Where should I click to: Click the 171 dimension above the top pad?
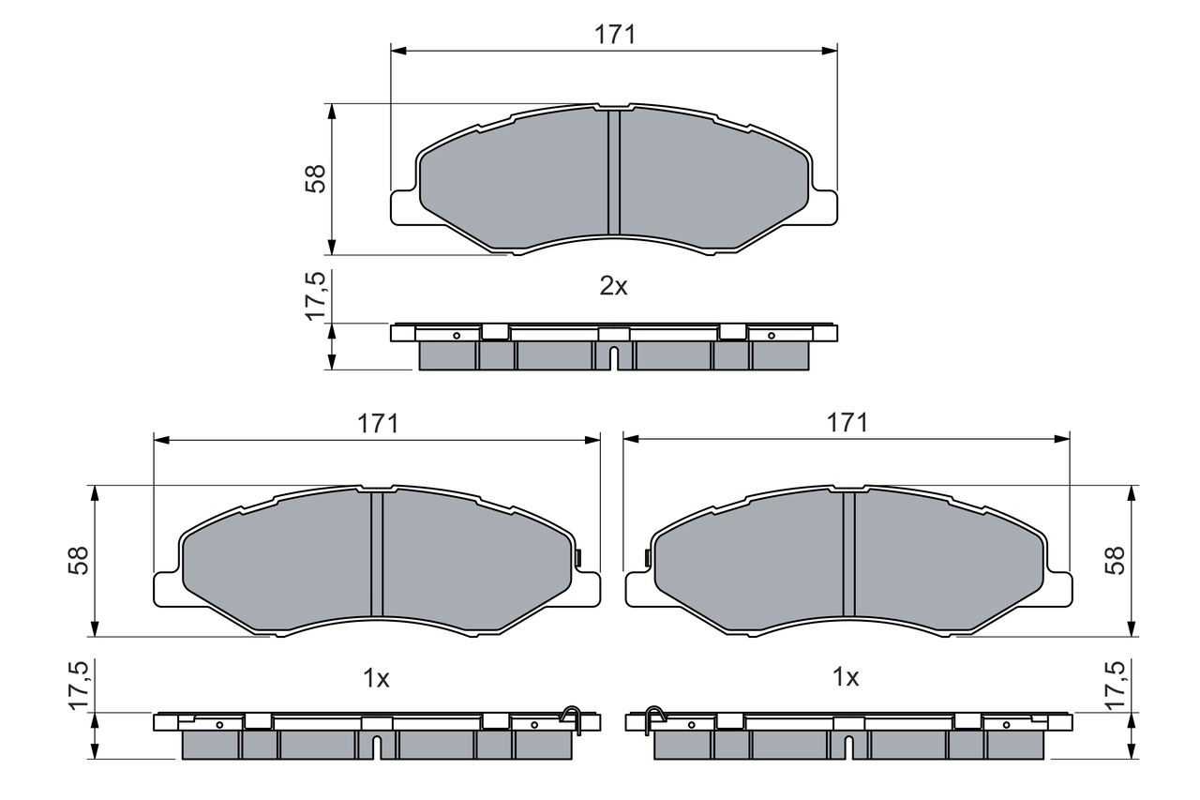tap(614, 35)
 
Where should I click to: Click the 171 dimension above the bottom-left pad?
tap(377, 423)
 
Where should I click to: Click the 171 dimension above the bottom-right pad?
tap(847, 423)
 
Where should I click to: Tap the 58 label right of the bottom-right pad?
tap(1115, 561)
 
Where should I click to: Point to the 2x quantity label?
tap(613, 287)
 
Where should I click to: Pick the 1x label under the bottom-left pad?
tap(376, 678)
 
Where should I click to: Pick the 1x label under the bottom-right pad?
tap(847, 678)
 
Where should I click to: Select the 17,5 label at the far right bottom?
tap(1115, 685)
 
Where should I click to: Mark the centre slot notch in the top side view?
tap(613, 357)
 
